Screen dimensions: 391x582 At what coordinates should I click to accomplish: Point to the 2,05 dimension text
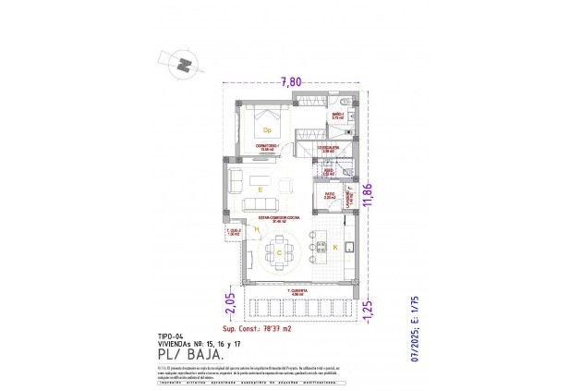tap(230, 303)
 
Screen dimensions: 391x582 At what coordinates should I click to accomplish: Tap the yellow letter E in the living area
tap(261, 189)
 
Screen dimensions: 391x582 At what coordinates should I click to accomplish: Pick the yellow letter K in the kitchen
tap(334, 248)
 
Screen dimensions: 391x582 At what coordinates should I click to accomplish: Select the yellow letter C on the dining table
tap(279, 251)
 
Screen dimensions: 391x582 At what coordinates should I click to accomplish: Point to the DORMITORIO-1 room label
tap(267, 147)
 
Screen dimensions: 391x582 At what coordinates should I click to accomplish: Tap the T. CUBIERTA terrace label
tap(296, 291)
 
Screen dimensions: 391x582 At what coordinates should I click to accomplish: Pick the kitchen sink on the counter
tap(351, 247)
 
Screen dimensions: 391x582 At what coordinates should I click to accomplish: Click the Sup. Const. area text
tap(258, 328)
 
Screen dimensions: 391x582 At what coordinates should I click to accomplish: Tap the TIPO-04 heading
tap(172, 336)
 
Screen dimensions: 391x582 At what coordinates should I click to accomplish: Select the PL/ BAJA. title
tap(188, 351)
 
